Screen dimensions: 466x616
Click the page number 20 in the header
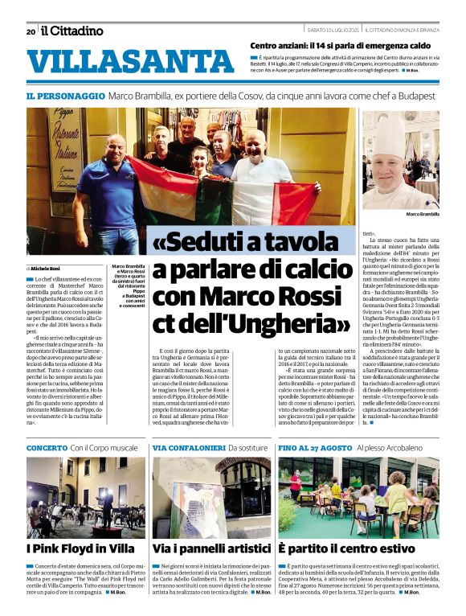(x=31, y=32)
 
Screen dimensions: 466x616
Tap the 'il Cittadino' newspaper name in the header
(x=72, y=31)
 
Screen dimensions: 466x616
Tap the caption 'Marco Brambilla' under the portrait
(x=423, y=215)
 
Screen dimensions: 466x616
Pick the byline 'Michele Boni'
(x=47, y=267)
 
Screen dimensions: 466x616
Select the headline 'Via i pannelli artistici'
(x=211, y=549)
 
